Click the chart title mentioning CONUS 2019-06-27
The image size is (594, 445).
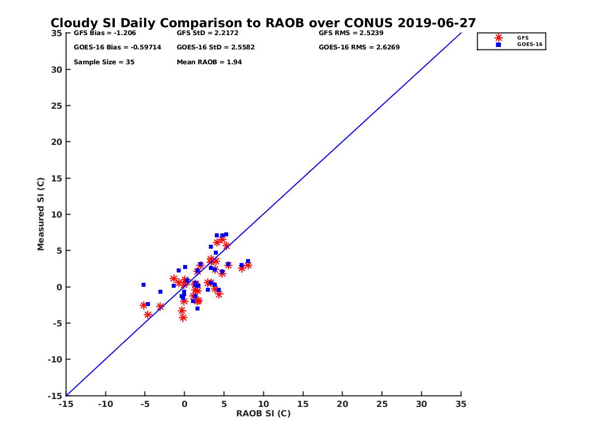[263, 23]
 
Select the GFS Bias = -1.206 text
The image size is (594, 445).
[104, 33]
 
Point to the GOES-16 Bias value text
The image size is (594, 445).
[117, 47]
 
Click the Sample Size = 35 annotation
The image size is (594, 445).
[104, 62]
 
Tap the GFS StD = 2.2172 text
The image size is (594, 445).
[209, 33]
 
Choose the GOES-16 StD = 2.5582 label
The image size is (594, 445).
[215, 47]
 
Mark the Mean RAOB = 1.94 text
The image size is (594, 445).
[209, 62]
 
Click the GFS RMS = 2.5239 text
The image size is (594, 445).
[351, 33]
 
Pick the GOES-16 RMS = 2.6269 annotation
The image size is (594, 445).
[359, 47]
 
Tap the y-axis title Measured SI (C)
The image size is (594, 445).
[41, 214]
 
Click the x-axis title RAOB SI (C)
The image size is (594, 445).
[263, 413]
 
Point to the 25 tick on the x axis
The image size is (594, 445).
[382, 404]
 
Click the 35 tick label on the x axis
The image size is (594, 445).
[461, 404]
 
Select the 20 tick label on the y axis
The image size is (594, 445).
[57, 142]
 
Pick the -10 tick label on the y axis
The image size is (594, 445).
[55, 359]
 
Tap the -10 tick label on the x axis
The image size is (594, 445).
[105, 404]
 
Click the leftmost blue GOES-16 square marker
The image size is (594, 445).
[144, 285]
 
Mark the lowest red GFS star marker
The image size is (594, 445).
[183, 318]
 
